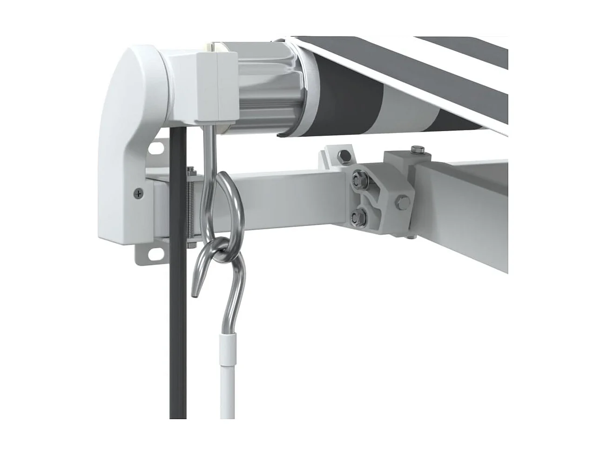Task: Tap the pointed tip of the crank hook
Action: pos(196,294)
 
